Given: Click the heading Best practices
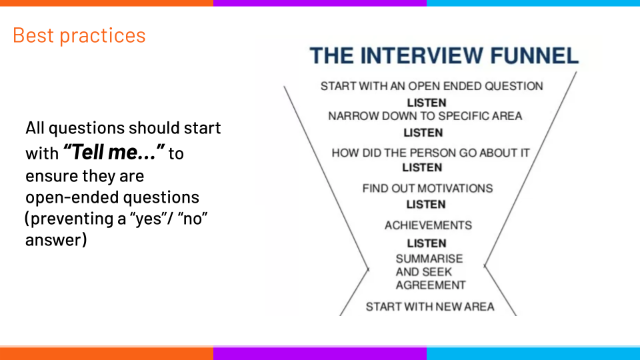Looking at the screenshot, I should tap(79, 35).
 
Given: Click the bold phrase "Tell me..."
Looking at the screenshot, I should tap(114, 153).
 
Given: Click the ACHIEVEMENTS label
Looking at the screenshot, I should tap(428, 225).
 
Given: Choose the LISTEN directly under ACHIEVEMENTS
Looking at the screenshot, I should tap(427, 243).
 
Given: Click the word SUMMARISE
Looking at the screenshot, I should tap(429, 259).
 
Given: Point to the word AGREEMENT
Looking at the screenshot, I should tap(431, 285).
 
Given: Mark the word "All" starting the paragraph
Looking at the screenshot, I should tap(36, 127).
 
